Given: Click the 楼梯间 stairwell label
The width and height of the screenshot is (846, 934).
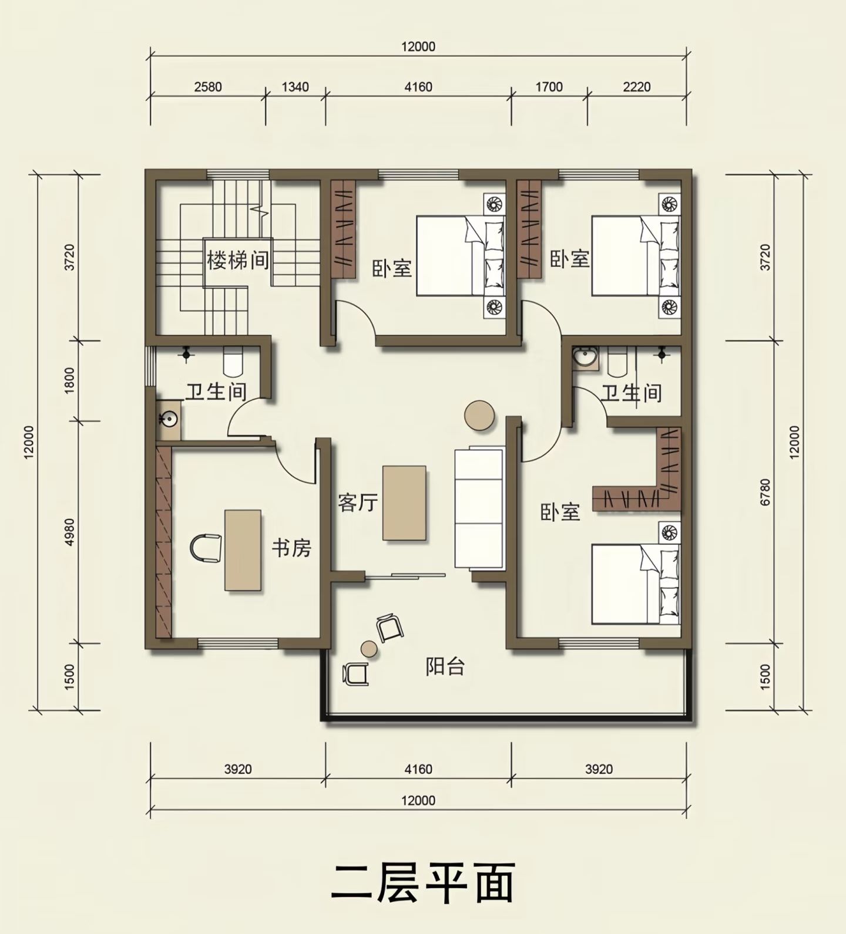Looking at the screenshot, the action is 238,259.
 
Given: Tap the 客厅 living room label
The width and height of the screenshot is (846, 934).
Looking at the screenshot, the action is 357,503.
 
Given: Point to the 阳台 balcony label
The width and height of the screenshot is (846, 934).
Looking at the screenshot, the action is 445,666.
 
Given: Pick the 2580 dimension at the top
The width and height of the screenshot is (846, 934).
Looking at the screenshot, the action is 208,87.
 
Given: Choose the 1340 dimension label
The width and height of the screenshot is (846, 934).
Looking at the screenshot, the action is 295,87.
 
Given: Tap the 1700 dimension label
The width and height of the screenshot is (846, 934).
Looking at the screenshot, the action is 549,87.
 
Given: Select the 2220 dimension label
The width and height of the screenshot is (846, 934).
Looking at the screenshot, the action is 637,87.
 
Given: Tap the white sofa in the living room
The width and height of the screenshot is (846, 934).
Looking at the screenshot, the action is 479,508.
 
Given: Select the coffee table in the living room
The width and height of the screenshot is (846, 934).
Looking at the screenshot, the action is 404,503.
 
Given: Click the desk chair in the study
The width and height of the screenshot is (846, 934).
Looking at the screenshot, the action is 205,548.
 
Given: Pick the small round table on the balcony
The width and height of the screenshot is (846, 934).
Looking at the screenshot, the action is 369,648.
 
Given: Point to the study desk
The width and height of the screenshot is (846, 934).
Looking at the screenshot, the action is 243,549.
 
